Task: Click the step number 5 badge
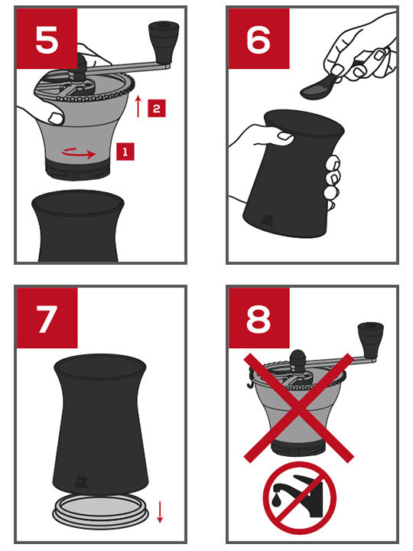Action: tap(47, 39)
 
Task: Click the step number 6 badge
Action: tap(259, 39)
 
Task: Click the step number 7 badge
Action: tap(47, 318)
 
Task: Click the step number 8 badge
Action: tap(259, 318)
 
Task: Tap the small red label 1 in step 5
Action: tap(125, 152)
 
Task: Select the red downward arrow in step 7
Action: tap(160, 511)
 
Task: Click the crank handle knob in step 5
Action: tap(161, 35)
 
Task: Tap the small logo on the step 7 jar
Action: tap(82, 481)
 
